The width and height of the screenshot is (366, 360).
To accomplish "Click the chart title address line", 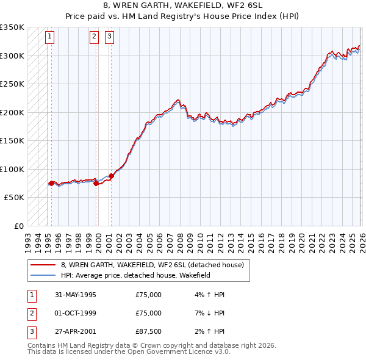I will click(x=183, y=5).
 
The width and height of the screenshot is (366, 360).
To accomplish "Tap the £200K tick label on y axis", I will click(x=12, y=112).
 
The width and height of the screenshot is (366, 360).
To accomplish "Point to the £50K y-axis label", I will click(x=13, y=198).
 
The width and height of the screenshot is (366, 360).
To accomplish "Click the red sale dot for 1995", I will click(x=51, y=183).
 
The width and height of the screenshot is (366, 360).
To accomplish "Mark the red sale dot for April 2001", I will click(x=111, y=176).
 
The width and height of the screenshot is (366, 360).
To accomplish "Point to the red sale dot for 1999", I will click(x=96, y=183).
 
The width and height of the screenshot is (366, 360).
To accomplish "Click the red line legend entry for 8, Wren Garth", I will click(x=152, y=265).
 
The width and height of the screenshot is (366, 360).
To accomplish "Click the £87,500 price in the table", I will click(x=149, y=332).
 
